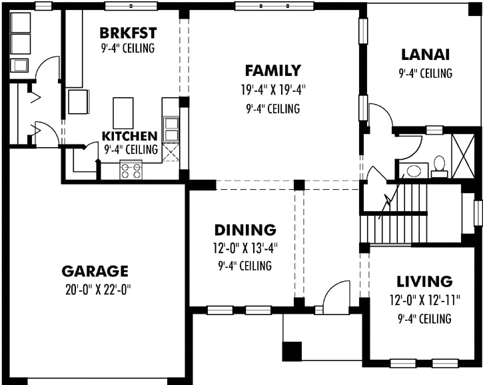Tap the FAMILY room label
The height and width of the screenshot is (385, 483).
point(272,70)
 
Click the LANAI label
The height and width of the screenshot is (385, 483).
point(425,54)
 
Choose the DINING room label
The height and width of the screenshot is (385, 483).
point(244,230)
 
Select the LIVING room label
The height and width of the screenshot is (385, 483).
point(424,281)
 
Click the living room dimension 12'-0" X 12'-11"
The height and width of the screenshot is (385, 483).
point(424,300)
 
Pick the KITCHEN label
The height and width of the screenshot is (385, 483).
point(130,136)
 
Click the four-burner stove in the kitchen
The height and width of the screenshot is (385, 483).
point(131,170)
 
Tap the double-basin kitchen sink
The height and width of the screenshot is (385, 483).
point(171,127)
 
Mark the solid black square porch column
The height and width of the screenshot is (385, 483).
point(291,351)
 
